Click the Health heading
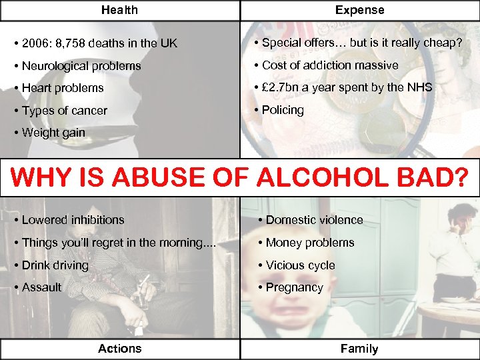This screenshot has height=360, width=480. [x=119, y=10]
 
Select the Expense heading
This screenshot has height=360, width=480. [x=359, y=10]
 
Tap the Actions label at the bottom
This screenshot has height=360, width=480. [x=119, y=348]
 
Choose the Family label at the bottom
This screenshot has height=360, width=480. [x=359, y=348]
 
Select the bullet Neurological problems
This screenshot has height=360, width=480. [x=81, y=66]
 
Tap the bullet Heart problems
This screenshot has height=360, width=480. [x=63, y=88]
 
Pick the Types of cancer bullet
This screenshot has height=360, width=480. [x=64, y=111]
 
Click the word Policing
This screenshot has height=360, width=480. [x=283, y=110]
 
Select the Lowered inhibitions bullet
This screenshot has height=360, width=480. [x=73, y=220]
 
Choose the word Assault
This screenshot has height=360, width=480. [x=41, y=287]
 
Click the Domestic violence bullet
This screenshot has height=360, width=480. [x=314, y=220]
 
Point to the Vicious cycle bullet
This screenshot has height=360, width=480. [x=300, y=265]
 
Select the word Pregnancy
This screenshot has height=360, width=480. [x=294, y=288]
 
